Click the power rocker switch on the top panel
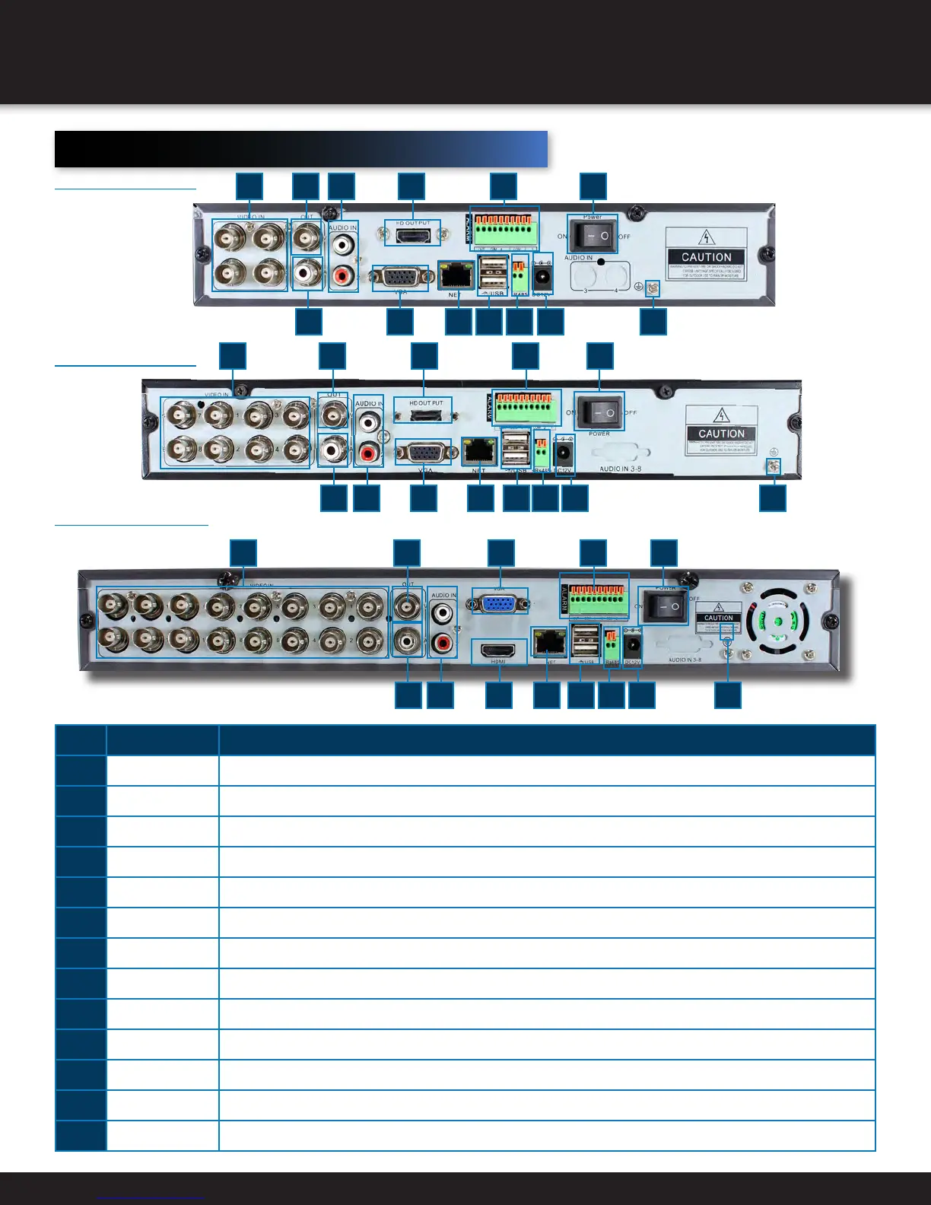(593, 237)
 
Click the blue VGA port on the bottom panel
(499, 603)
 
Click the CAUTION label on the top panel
(705, 256)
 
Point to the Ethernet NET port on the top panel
(455, 275)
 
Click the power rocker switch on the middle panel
(599, 412)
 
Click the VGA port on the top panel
(399, 278)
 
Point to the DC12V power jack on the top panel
(543, 276)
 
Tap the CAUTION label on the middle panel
(721, 433)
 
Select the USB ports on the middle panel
(516, 450)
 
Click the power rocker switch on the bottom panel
(666, 606)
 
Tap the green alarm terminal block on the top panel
(504, 229)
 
